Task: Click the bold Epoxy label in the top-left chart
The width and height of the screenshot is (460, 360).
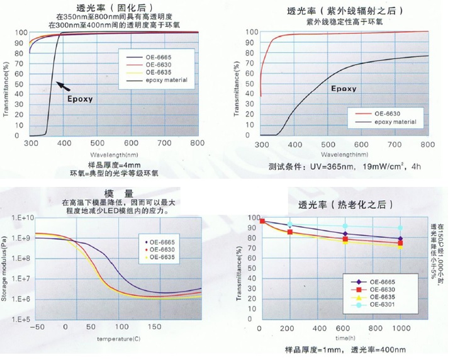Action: tap(80, 99)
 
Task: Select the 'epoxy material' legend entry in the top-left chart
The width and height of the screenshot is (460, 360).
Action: tap(166, 80)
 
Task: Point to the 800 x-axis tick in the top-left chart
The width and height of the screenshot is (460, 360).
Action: tap(197, 143)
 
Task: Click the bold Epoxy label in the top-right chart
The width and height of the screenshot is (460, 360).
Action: tap(344, 89)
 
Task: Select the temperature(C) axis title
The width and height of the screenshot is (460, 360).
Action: tap(115, 338)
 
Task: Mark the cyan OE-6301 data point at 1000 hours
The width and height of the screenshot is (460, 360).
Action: tap(400, 228)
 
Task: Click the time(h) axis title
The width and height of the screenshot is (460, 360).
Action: tap(332, 338)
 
